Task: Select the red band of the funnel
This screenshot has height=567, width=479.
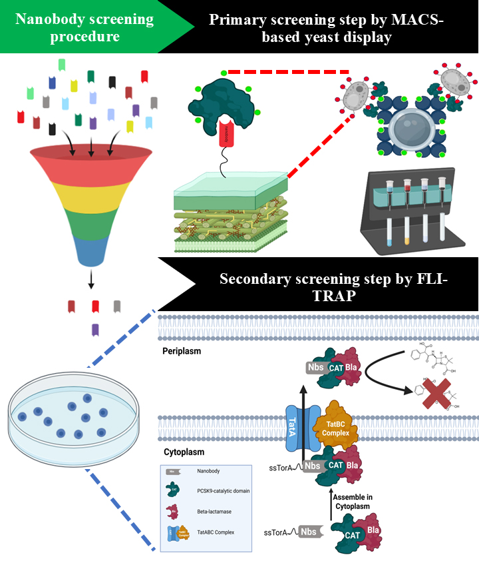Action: point(92,160)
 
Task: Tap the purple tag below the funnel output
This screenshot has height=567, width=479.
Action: point(95,329)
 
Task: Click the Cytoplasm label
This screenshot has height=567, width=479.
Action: point(182,452)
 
